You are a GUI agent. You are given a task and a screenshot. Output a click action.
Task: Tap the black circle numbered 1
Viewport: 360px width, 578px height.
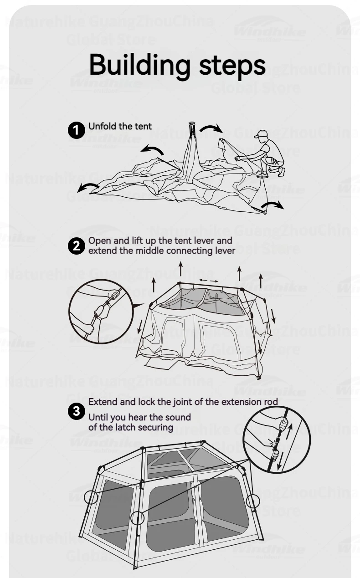pyautogui.click(x=76, y=130)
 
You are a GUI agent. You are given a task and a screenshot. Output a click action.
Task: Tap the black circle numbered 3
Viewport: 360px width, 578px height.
pyautogui.click(x=76, y=412)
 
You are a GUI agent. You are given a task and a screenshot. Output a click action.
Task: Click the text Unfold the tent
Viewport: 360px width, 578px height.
pyautogui.click(x=120, y=126)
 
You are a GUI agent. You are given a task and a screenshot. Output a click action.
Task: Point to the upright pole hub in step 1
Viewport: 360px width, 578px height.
pyautogui.click(x=192, y=129)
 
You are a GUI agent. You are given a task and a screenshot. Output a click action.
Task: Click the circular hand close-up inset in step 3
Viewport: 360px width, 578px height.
pyautogui.click(x=277, y=440)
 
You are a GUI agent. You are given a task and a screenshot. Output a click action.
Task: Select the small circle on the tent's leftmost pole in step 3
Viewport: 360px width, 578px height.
pyautogui.click(x=91, y=497)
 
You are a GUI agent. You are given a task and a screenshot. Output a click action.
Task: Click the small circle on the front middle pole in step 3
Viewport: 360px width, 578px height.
pyautogui.click(x=137, y=517)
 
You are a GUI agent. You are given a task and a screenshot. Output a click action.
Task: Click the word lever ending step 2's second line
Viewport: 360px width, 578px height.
pyautogui.click(x=225, y=251)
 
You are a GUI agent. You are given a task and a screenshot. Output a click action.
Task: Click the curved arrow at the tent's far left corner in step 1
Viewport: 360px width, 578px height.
pyautogui.click(x=87, y=187)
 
